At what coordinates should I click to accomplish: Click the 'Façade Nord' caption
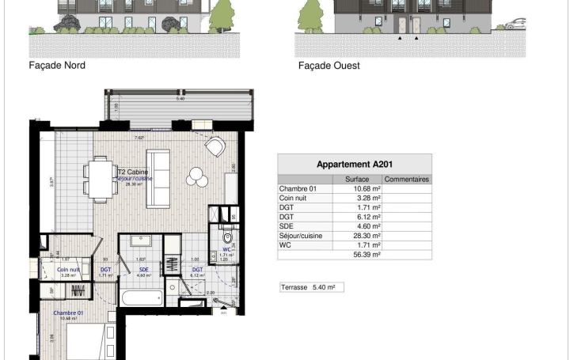click(57, 66)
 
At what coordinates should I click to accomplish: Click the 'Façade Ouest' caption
click(329, 66)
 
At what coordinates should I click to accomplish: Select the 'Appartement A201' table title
click(354, 165)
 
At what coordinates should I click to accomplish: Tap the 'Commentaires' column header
click(407, 180)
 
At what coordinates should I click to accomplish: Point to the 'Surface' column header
click(368, 180)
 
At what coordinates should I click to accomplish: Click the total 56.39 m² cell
click(368, 255)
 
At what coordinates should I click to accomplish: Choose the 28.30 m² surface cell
click(368, 236)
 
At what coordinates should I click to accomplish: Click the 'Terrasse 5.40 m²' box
click(312, 287)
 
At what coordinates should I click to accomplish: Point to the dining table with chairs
click(98, 178)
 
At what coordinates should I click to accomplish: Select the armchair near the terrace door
click(214, 147)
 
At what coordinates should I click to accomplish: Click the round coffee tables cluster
click(198, 179)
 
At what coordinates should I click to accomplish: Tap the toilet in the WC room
click(227, 237)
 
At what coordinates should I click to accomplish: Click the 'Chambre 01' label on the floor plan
click(68, 313)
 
